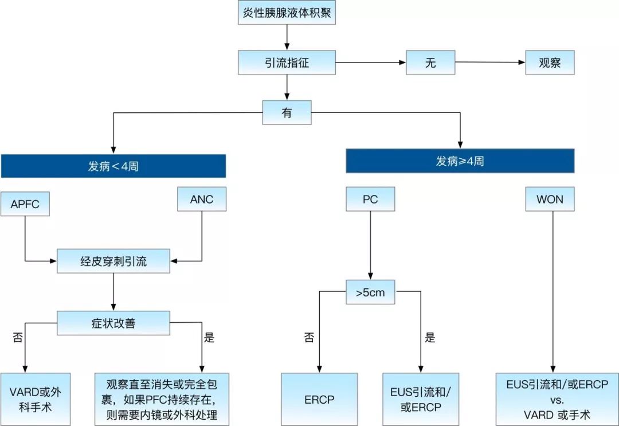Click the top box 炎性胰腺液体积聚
[286, 13]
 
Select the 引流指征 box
[287, 62]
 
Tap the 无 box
[430, 62]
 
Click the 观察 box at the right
[550, 62]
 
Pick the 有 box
[287, 112]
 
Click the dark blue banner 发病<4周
[113, 166]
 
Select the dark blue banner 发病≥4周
[460, 161]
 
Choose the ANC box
[201, 200]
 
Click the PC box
[370, 200]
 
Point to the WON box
[550, 200]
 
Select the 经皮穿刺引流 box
[113, 262]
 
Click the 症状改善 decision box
[113, 323]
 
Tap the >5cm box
[370, 292]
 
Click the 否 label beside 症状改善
[17, 337]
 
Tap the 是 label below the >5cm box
[430, 338]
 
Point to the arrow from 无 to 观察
[490, 62]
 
